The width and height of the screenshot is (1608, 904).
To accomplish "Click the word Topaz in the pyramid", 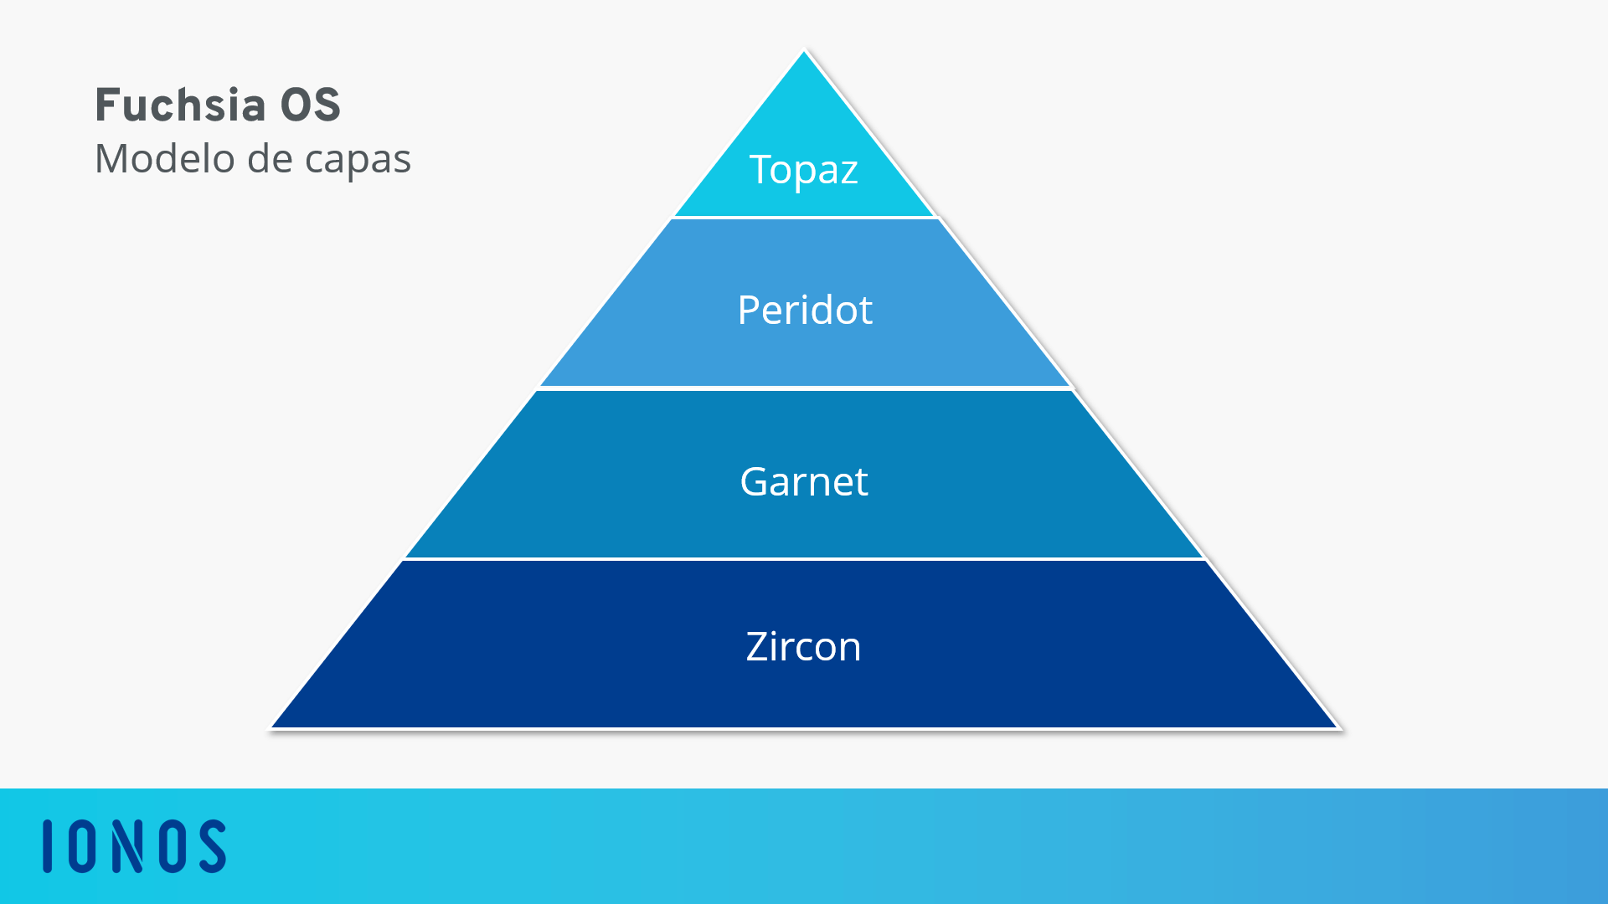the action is pos(803,171).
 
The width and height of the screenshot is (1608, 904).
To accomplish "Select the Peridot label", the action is pos(805,310).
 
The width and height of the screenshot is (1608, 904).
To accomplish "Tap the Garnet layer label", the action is pos(804,481).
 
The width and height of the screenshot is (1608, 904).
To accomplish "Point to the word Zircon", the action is pos(803,646).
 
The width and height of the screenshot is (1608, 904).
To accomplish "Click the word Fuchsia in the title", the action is pos(181,105).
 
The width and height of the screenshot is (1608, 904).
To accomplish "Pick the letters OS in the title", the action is pos(310,105).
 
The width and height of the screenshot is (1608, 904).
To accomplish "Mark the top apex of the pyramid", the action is pos(804,51).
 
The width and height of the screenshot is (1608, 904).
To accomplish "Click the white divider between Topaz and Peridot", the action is pos(805,218).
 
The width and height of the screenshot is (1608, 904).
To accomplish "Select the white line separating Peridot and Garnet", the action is pos(805,388).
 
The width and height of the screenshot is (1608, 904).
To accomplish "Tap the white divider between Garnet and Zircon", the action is pos(805,558).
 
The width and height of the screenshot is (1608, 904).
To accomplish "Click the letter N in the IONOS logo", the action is pos(128,846).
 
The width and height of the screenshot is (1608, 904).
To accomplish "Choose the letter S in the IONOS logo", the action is pos(212,846).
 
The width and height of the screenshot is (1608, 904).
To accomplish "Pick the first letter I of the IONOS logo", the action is pos(48,846).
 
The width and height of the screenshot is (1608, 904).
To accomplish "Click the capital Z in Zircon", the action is pos(758,646).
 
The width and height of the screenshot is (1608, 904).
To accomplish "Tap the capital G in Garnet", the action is pos(755,481).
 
